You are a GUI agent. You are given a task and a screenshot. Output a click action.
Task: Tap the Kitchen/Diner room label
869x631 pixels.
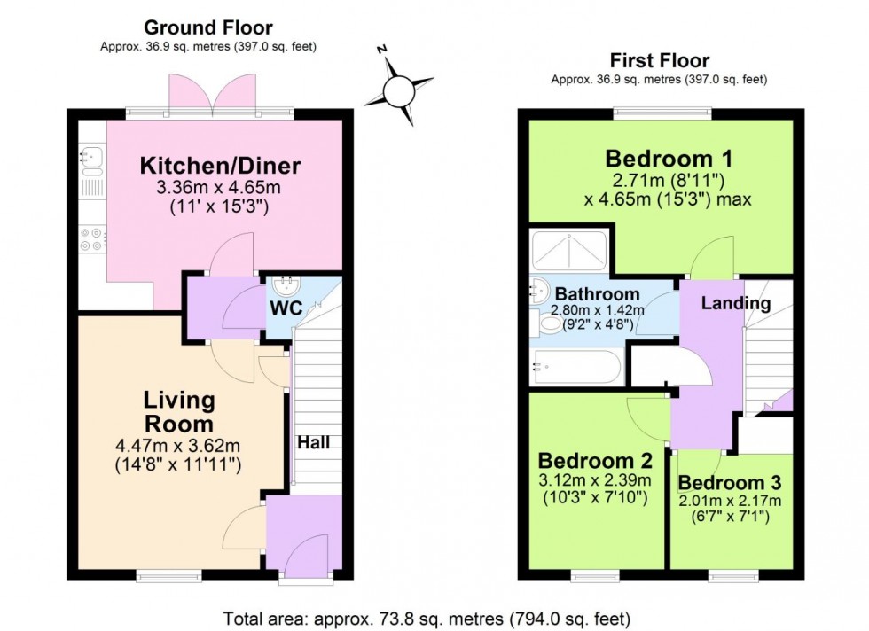[220, 166]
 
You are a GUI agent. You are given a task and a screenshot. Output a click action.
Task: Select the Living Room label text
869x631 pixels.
[179, 411]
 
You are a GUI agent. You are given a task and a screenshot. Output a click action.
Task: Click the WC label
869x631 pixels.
[286, 308]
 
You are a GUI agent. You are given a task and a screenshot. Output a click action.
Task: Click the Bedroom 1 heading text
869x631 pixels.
[669, 160]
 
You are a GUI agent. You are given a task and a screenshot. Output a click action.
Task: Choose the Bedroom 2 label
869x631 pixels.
[595, 462]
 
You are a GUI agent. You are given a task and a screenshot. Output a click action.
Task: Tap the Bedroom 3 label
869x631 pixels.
[730, 483]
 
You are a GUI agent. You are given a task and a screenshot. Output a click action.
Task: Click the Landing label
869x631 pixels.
[735, 303]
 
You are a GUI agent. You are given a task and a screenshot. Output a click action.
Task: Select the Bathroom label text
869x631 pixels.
[597, 294]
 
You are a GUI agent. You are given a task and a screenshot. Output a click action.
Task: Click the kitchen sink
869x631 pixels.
[91, 160]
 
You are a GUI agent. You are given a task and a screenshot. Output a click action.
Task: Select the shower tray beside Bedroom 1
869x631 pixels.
[568, 250]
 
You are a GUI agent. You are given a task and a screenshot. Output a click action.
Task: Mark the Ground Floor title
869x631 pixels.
[207, 28]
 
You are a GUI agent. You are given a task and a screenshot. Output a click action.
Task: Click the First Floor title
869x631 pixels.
[659, 60]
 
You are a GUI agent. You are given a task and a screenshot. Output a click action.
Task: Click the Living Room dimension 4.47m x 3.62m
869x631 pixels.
[179, 446]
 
